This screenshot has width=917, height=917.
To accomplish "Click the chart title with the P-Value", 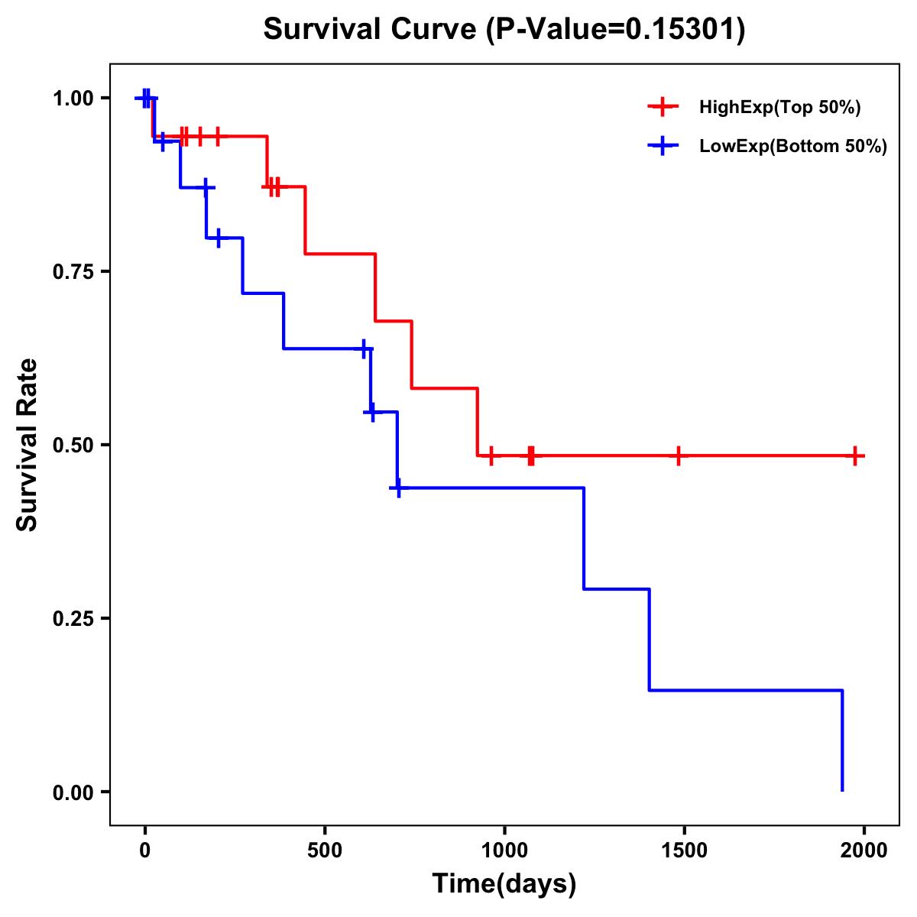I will point(504,29).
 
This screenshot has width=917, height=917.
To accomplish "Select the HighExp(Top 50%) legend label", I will point(779,108).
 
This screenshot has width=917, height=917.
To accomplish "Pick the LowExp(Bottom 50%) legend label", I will point(793,147).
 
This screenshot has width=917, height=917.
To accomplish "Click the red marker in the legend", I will point(663,108).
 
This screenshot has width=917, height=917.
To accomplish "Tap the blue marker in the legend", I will point(663,147).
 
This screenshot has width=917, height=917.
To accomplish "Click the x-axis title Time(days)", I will point(504,884).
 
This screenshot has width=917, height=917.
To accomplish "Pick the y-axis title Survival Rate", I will point(28,445).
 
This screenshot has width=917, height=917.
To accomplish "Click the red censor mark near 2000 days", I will point(856,455).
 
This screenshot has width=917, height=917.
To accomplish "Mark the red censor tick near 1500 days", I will point(678,455).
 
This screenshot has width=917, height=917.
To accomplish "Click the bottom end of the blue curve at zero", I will point(842,789).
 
